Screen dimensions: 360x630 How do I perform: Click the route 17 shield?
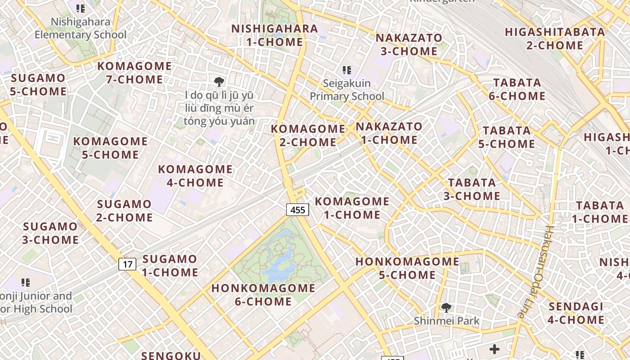click(x=127, y=264)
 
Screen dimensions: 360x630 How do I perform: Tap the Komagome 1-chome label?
click(x=352, y=208)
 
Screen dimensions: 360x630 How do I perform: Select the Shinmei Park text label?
click(x=446, y=321)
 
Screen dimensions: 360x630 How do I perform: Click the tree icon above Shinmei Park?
click(x=446, y=308)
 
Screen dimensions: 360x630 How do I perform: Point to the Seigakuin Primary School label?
click(x=347, y=90)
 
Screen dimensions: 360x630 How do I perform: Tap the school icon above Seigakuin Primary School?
click(x=346, y=70)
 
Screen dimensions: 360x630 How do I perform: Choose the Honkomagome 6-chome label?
click(x=263, y=295)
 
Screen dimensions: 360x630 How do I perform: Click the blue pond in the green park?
click(x=279, y=263)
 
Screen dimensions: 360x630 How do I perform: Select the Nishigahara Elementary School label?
click(x=81, y=28)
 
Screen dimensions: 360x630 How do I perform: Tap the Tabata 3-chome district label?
click(x=472, y=189)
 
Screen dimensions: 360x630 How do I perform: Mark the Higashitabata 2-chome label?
click(x=554, y=39)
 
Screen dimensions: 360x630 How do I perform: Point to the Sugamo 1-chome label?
click(x=170, y=265)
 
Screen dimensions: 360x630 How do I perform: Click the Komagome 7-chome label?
click(x=135, y=73)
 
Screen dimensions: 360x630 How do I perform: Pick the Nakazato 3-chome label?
click(x=409, y=44)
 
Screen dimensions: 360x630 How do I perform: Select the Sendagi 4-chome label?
click(x=576, y=313)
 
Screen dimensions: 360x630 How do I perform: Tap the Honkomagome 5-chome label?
click(x=407, y=268)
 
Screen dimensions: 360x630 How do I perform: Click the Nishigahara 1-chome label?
click(x=274, y=35)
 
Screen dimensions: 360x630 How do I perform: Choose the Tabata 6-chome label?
click(x=517, y=89)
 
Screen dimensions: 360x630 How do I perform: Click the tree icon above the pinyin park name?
click(x=219, y=81)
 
